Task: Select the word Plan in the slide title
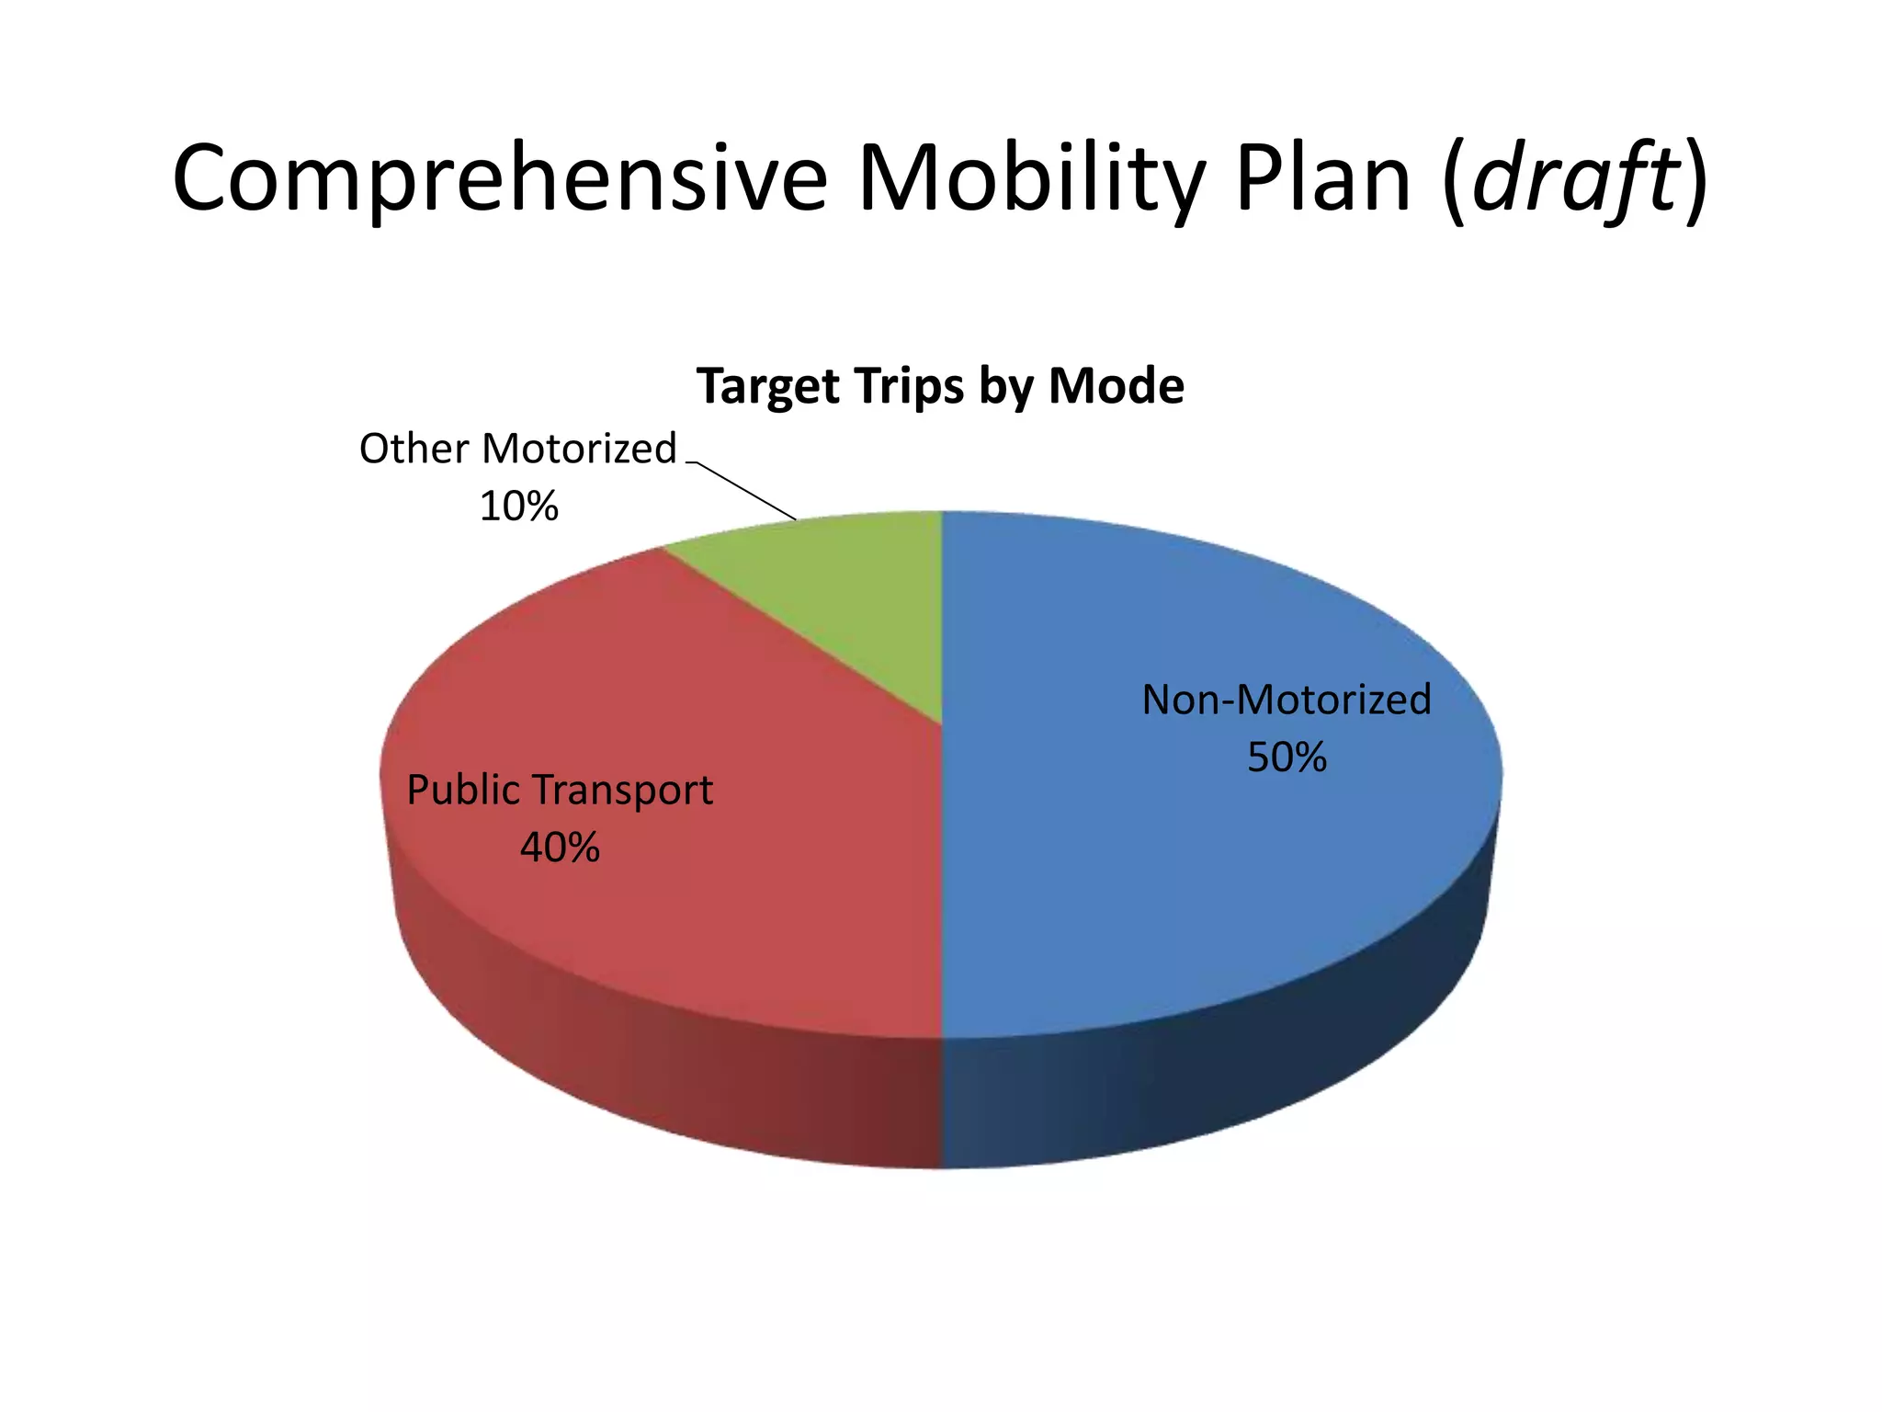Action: click(1322, 179)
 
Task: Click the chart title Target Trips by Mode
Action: click(940, 386)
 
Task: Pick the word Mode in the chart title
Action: click(1117, 386)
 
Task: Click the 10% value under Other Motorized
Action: click(518, 507)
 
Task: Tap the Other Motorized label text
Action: click(517, 450)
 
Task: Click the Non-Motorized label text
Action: click(1286, 700)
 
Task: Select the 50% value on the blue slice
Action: click(1286, 758)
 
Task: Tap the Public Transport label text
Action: click(560, 791)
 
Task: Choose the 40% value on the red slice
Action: click(560, 848)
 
